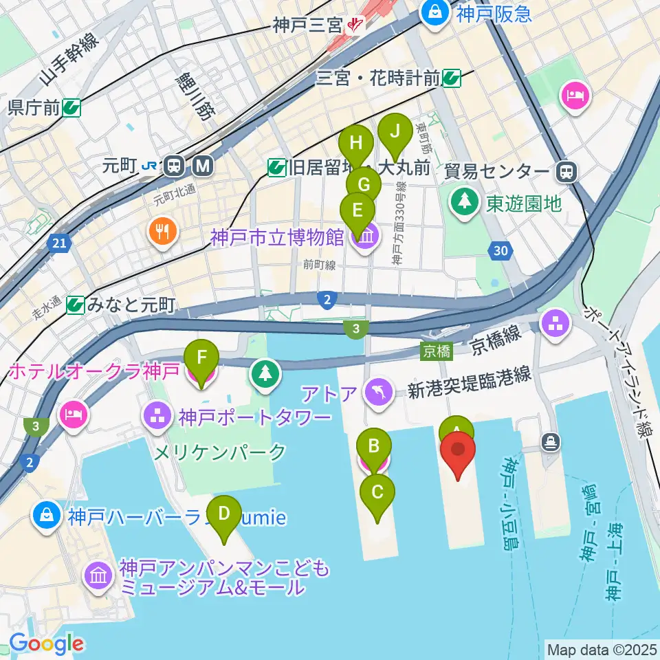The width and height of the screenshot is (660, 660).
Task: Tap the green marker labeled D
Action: pos(223,514)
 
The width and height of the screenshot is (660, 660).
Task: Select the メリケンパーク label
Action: pos(219,452)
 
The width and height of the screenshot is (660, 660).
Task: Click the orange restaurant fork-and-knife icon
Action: pos(162,232)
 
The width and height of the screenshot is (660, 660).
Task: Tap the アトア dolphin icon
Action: pos(379,393)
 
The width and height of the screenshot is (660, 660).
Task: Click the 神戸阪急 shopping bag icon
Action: pos(436,11)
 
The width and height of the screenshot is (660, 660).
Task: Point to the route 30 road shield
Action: pos(501,252)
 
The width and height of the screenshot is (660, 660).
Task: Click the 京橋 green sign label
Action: pos(437,352)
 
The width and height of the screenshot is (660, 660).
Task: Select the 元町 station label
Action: pos(120,166)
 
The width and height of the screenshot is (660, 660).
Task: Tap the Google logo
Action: pos(46,644)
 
